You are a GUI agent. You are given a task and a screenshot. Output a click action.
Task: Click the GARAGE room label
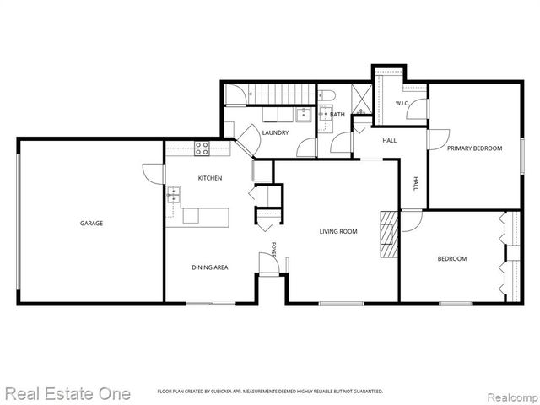(x=92, y=223)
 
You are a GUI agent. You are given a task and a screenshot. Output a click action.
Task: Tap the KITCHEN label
(x=210, y=178)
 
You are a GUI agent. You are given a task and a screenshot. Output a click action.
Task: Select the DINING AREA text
(x=210, y=267)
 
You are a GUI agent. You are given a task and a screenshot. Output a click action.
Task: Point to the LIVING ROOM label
(x=338, y=231)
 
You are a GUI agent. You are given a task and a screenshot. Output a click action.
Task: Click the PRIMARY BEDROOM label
(x=474, y=148)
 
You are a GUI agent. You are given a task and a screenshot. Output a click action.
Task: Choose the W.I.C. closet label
(x=402, y=103)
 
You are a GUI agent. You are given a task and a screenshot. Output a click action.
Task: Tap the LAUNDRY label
(x=275, y=132)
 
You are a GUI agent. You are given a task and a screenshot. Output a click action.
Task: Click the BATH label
(x=337, y=115)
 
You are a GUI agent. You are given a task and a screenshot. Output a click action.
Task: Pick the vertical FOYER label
(x=274, y=250)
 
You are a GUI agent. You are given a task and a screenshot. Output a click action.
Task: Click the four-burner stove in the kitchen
(x=202, y=148)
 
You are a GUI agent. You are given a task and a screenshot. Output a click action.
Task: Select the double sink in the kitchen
(x=174, y=195)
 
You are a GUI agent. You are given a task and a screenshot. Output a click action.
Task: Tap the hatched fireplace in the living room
(x=389, y=234)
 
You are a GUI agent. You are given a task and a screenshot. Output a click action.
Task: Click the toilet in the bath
(x=326, y=94)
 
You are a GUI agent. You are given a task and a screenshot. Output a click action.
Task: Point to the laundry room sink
(x=304, y=115)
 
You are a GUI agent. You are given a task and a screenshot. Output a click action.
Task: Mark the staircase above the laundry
(x=282, y=94)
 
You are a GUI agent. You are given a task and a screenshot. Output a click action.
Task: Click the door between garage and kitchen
(x=154, y=174)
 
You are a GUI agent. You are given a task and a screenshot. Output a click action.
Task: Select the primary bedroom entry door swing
(x=439, y=139)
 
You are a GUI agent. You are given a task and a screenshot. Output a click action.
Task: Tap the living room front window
(x=341, y=304)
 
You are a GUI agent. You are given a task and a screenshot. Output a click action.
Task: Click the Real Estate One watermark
(x=67, y=394)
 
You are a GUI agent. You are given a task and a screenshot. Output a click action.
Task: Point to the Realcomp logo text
(x=513, y=397)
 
